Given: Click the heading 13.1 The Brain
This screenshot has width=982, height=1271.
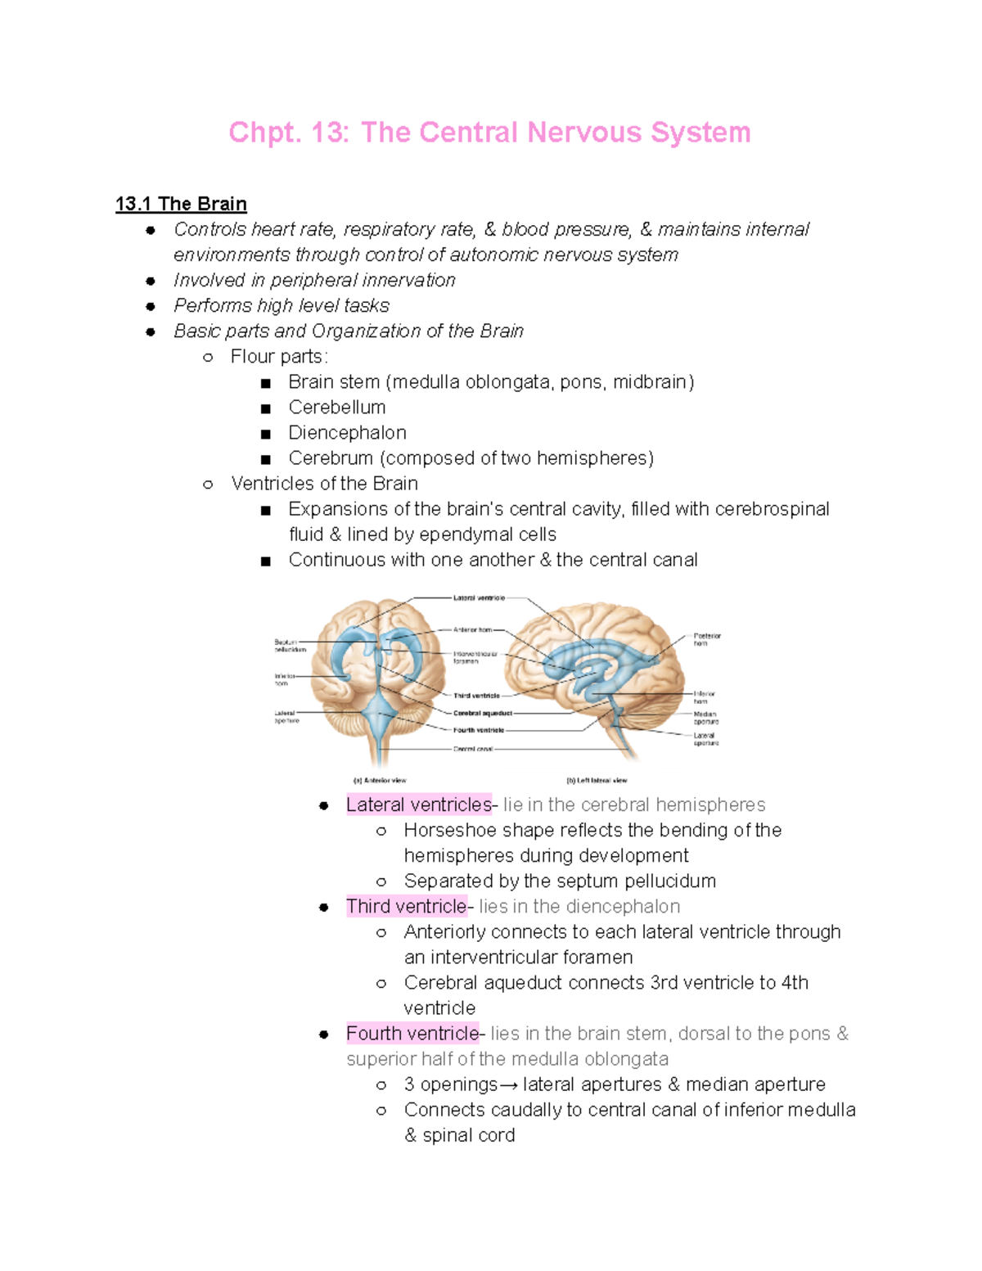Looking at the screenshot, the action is pyautogui.click(x=181, y=204).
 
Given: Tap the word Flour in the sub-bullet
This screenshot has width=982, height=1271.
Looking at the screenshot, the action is pyautogui.click(x=252, y=357).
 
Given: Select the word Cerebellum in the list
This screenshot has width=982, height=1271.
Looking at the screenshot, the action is pyautogui.click(x=336, y=408).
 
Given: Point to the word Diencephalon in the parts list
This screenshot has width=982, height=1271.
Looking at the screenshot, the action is pyautogui.click(x=347, y=433).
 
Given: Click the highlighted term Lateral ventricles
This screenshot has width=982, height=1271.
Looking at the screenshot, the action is pyautogui.click(x=418, y=805).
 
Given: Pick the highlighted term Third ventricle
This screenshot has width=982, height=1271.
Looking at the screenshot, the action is pyautogui.click(x=406, y=907).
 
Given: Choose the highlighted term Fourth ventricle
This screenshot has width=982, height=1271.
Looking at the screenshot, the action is pyautogui.click(x=412, y=1034).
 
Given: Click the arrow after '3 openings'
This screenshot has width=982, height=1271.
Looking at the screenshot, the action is pyautogui.click(x=508, y=1085).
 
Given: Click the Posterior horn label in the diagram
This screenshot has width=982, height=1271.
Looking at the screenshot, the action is pyautogui.click(x=706, y=639).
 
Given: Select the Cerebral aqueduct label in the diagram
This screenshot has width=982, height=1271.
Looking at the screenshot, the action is pyautogui.click(x=482, y=713).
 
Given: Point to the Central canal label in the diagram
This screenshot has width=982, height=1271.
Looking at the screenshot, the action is pyautogui.click(x=473, y=749).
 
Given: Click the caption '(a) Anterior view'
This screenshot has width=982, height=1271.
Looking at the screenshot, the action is pyautogui.click(x=379, y=781).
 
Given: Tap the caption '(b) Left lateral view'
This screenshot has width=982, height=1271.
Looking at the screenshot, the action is pyautogui.click(x=597, y=781).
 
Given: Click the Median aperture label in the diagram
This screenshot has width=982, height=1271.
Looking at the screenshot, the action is pyautogui.click(x=705, y=718).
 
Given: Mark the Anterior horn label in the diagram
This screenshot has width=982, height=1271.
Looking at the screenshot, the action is pyautogui.click(x=473, y=629).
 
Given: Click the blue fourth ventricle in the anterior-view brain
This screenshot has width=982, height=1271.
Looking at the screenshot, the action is pyautogui.click(x=379, y=714).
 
